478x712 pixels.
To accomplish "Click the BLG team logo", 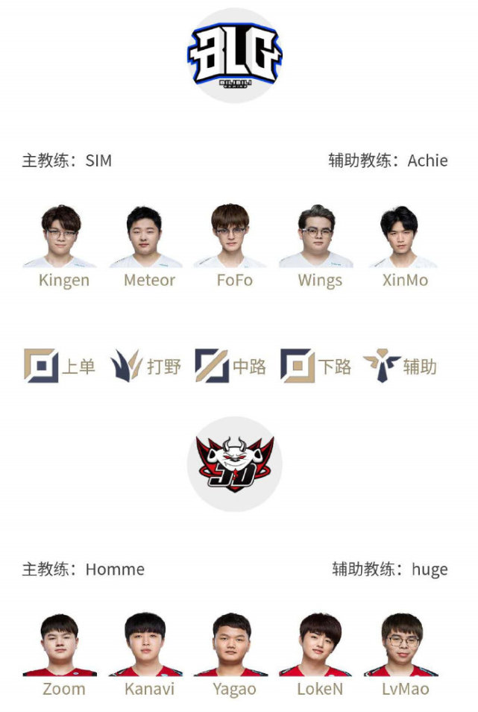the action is pos(234,55).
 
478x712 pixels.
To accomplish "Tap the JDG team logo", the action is pos(234,464).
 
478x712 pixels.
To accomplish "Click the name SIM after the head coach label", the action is pos(98,160).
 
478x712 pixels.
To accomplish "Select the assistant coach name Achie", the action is pos(427,160).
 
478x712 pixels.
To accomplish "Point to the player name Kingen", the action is pos(64,281).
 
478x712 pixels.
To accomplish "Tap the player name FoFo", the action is pos(234,280).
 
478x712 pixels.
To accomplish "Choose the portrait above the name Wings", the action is pos(316,236).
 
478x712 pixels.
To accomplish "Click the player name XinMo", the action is pos(405,280).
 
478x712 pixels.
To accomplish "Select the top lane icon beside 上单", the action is pos(41,366).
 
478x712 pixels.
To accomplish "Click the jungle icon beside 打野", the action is pos(127,366).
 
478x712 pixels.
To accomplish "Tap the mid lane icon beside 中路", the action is pos(212,366).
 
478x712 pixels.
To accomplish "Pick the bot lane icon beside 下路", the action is pos(298,366).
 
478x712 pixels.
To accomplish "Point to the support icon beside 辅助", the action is pos(382,366).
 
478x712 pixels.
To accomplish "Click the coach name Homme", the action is pos(115,569).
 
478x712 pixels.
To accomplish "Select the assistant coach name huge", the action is pos(430,570).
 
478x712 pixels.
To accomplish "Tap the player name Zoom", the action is pos(64,689).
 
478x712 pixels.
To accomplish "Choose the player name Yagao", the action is pos(234,690).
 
